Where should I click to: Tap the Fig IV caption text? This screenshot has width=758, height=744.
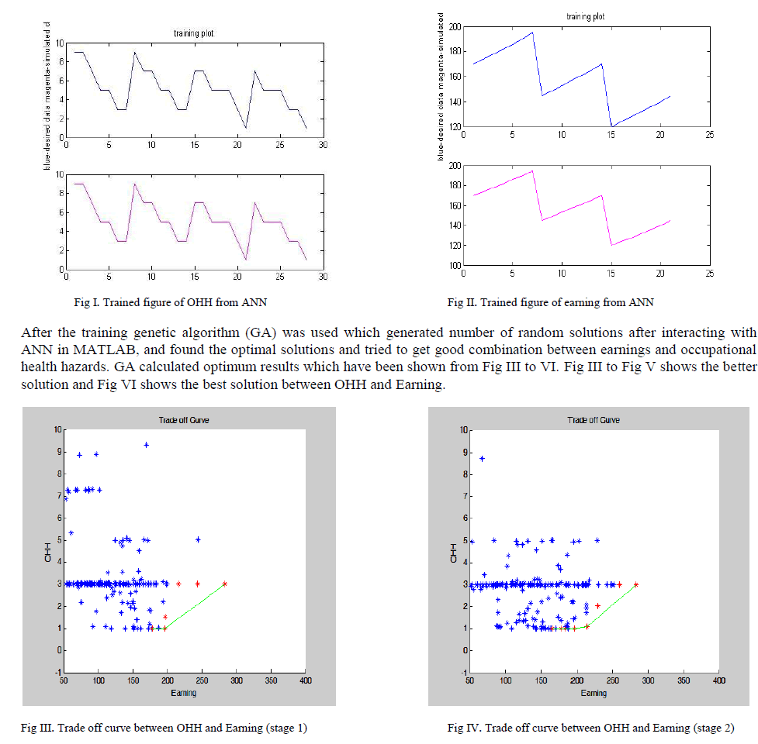pos(590,727)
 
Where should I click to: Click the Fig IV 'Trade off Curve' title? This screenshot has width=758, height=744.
pos(594,420)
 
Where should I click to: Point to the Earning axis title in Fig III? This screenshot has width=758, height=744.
pos(183,692)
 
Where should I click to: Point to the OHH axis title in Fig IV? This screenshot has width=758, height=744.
pos(453,552)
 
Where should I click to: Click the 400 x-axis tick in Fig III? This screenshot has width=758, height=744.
pos(305,681)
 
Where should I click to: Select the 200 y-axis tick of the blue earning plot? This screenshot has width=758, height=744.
pos(455,27)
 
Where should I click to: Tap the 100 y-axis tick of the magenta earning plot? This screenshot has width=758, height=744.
pos(455,266)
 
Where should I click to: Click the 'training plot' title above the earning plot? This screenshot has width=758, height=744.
pos(586,15)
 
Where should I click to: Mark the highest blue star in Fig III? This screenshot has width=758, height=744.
pos(146,445)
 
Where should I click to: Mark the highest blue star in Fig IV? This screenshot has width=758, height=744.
pos(482,459)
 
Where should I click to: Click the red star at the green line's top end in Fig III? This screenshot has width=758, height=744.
pos(224,584)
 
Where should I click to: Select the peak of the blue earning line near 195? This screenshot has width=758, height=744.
pos(532,33)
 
